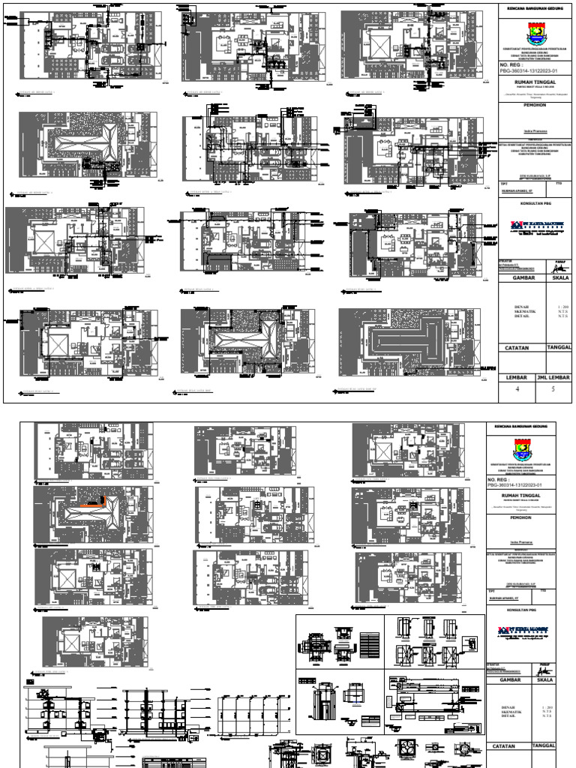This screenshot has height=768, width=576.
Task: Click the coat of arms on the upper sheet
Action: click(x=535, y=32)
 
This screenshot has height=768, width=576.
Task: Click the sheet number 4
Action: click(x=517, y=389)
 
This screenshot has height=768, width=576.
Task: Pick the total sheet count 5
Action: click(x=554, y=389)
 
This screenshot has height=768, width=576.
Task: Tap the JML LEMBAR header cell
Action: click(x=554, y=376)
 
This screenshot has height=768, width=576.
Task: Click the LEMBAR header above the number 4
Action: click(x=517, y=376)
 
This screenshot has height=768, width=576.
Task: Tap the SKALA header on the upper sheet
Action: click(x=555, y=277)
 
